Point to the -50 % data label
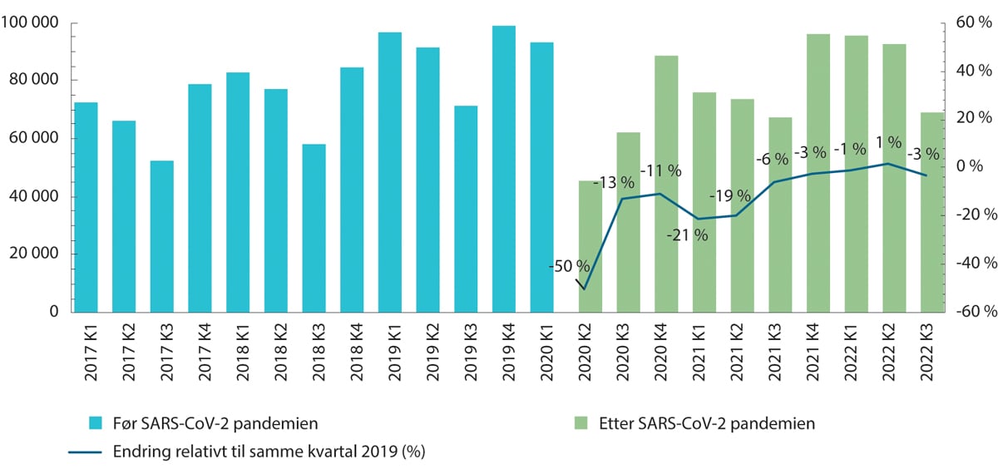[569, 267]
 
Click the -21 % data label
[687, 235]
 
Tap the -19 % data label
[729, 196]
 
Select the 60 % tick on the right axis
[972, 22]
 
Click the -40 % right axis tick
[972, 264]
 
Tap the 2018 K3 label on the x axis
[314, 353]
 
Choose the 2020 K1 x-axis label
[542, 353]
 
